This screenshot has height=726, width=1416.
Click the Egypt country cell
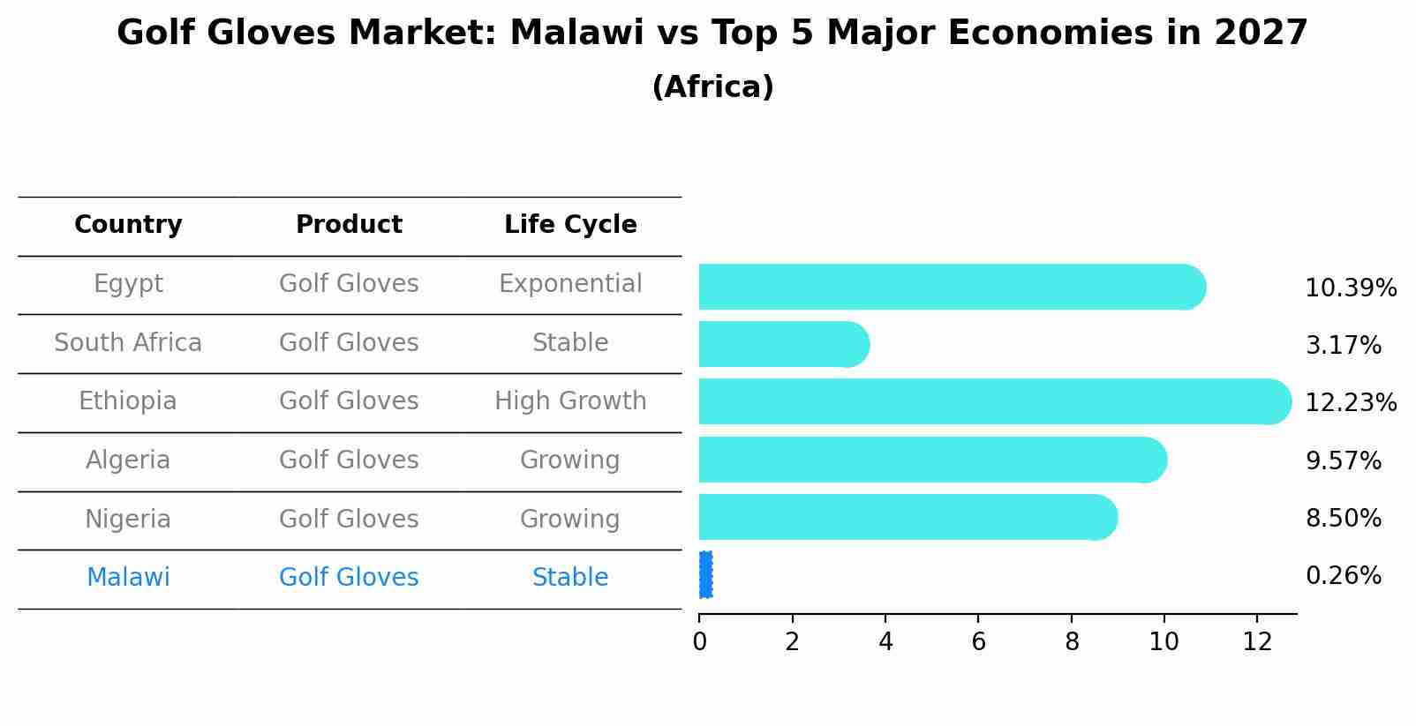pyautogui.click(x=128, y=284)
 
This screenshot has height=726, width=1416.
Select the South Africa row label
pyautogui.click(x=128, y=343)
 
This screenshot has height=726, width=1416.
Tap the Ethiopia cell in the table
pyautogui.click(x=128, y=401)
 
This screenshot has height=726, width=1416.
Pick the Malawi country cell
pyautogui.click(x=128, y=578)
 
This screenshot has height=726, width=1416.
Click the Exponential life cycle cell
pyautogui.click(x=570, y=284)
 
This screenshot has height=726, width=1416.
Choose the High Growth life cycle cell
pyautogui.click(x=570, y=401)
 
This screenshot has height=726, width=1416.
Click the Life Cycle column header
pyautogui.click(x=570, y=225)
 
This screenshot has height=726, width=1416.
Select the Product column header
pyautogui.click(x=349, y=225)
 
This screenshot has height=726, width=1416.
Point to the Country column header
pyautogui.click(x=128, y=225)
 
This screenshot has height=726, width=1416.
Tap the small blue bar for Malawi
pyautogui.click(x=705, y=575)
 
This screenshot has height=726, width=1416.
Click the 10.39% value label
pyautogui.click(x=1351, y=288)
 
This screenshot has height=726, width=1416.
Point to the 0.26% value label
pyautogui.click(x=1343, y=576)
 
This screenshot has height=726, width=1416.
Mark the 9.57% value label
pyautogui.click(x=1343, y=461)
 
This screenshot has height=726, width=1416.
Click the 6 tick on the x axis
pyautogui.click(x=978, y=642)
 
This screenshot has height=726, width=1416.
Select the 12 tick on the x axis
pyautogui.click(x=1257, y=642)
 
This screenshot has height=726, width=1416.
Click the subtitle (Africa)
pyautogui.click(x=712, y=87)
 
